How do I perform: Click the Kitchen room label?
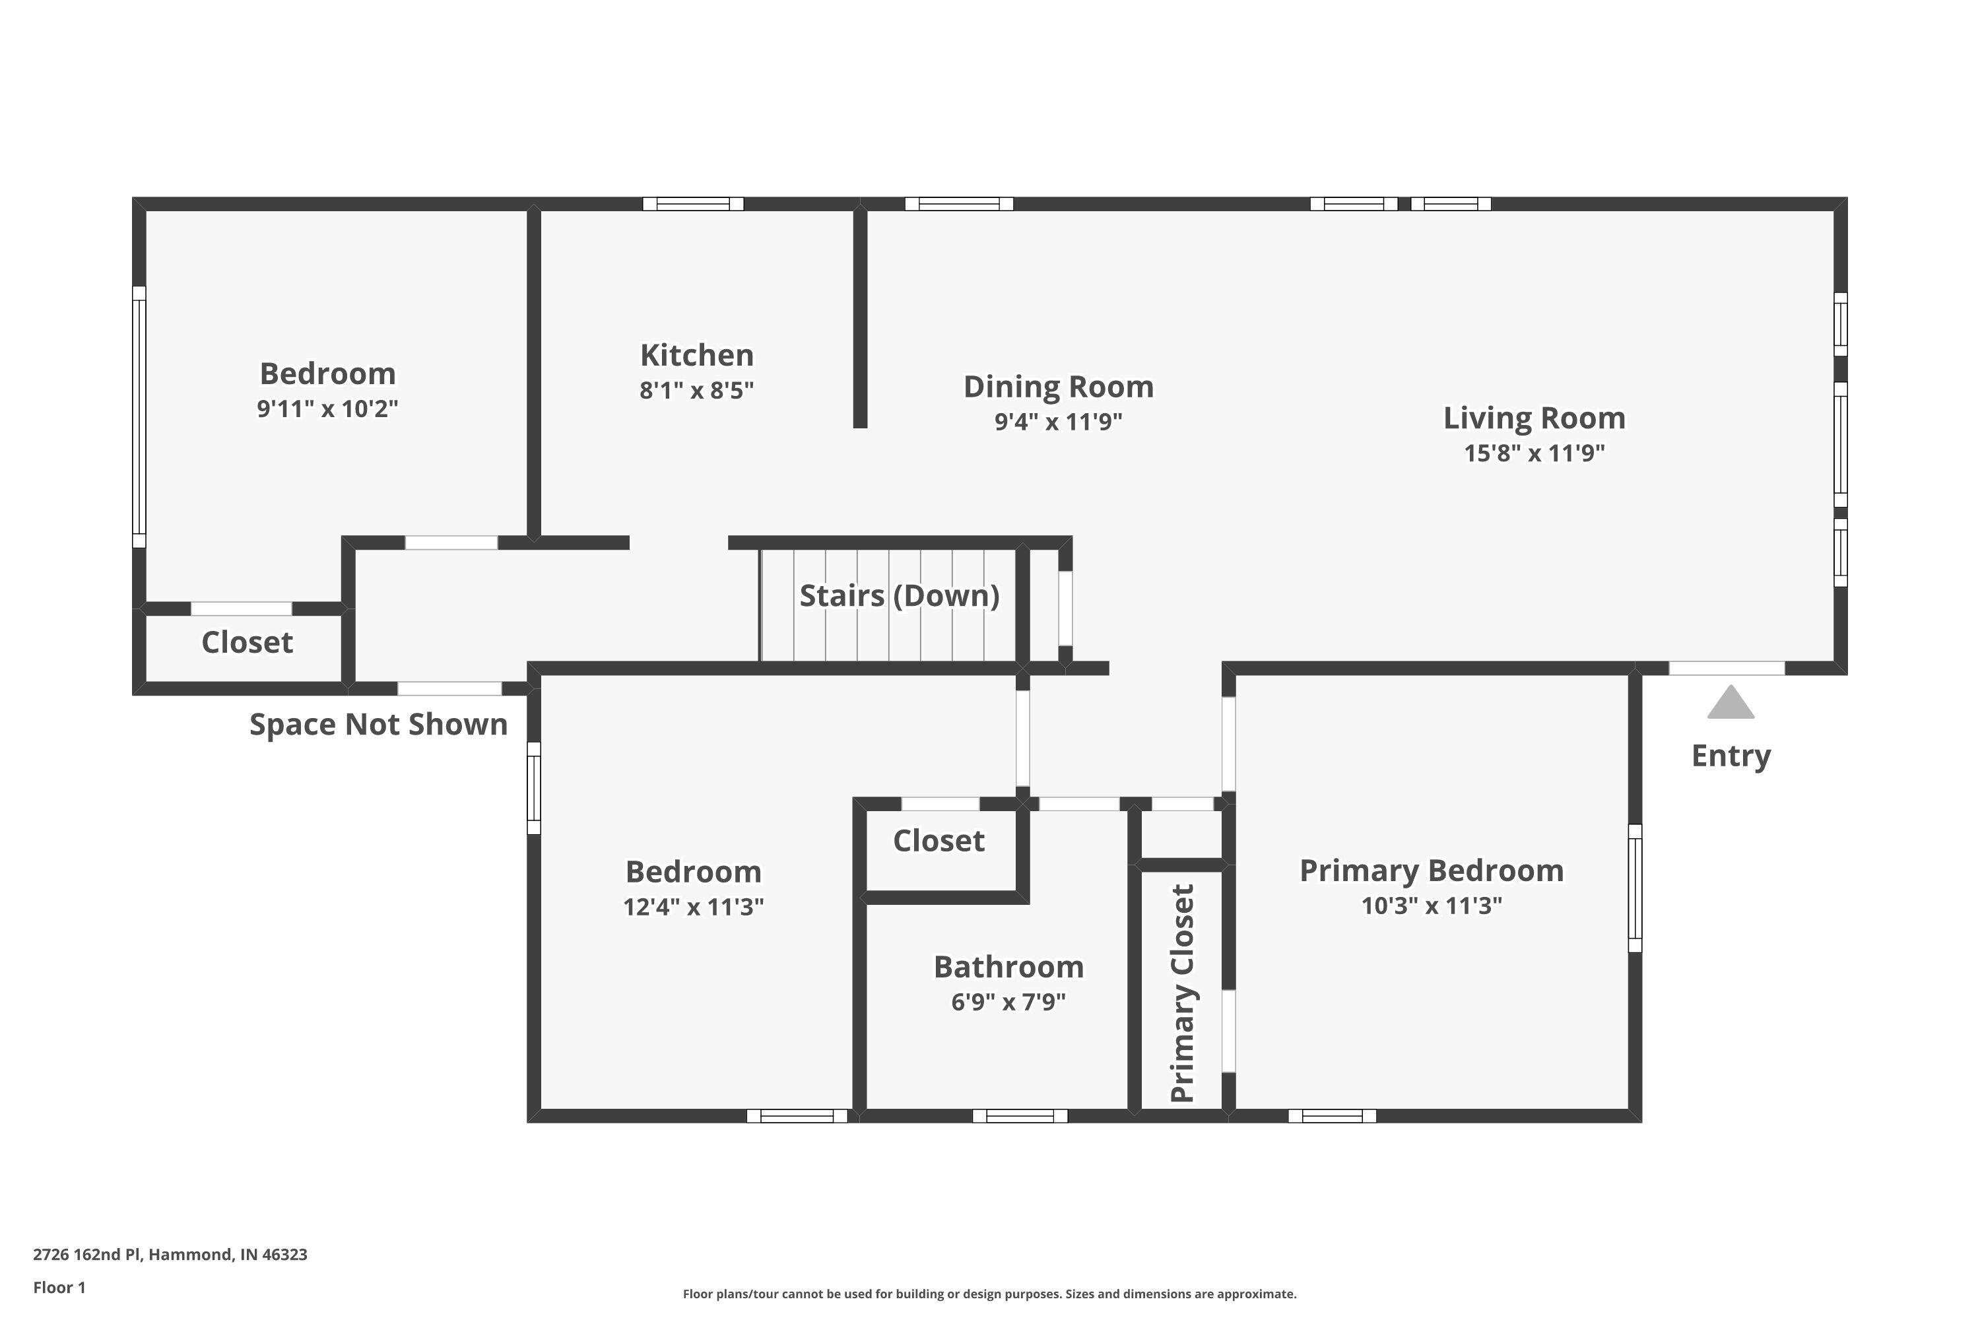696,355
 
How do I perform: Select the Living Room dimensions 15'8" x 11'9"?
1534,453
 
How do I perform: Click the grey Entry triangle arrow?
1730,703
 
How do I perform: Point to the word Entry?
1731,755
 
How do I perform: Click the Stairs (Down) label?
899,595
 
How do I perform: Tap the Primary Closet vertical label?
1182,993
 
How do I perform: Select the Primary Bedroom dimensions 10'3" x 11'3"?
1431,906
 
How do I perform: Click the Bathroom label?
1008,966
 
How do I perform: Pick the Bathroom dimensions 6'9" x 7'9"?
1008,1002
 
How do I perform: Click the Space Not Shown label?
378,724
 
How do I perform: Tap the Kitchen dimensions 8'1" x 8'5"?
696,391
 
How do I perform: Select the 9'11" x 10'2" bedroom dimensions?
327,409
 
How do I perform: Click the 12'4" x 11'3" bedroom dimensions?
693,907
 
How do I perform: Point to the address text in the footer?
170,1255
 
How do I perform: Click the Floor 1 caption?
59,1287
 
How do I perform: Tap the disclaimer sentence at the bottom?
989,1294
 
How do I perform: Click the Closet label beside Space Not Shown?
247,642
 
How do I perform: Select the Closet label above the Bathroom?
939,841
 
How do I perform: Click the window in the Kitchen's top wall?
693,204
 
